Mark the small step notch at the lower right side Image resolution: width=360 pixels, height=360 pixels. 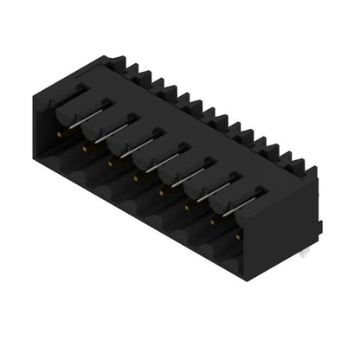318,227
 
